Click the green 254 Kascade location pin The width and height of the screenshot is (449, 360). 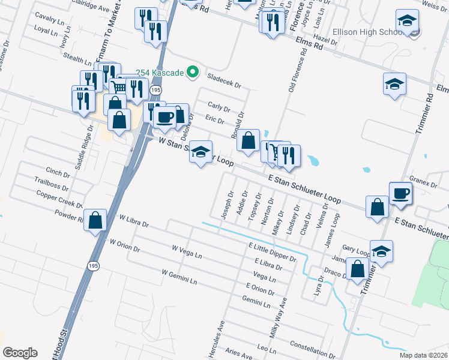click(192, 73)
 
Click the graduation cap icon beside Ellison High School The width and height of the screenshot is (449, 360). click(407, 22)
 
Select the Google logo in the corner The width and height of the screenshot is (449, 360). click(20, 352)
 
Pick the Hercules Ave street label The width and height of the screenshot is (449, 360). click(215, 340)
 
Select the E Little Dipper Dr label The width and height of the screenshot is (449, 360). click(272, 252)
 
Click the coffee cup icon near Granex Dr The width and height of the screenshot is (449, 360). click(400, 193)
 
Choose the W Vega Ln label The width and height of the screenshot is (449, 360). click(187, 252)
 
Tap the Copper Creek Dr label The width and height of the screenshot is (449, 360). click(59, 199)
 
